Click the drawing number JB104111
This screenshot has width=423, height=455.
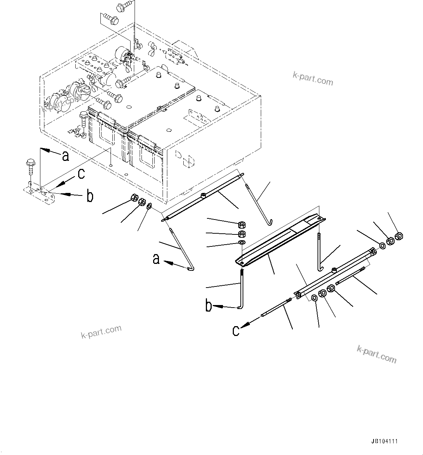click(384, 441)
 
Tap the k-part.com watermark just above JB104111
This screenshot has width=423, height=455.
click(376, 354)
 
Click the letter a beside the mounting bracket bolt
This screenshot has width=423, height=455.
click(65, 156)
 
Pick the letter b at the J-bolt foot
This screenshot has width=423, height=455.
click(208, 306)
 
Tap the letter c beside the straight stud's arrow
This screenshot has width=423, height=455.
click(236, 330)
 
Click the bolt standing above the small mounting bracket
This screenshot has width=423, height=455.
click(30, 167)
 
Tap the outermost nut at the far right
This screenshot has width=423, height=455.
click(399, 236)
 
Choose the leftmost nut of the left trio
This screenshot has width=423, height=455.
click(133, 198)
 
